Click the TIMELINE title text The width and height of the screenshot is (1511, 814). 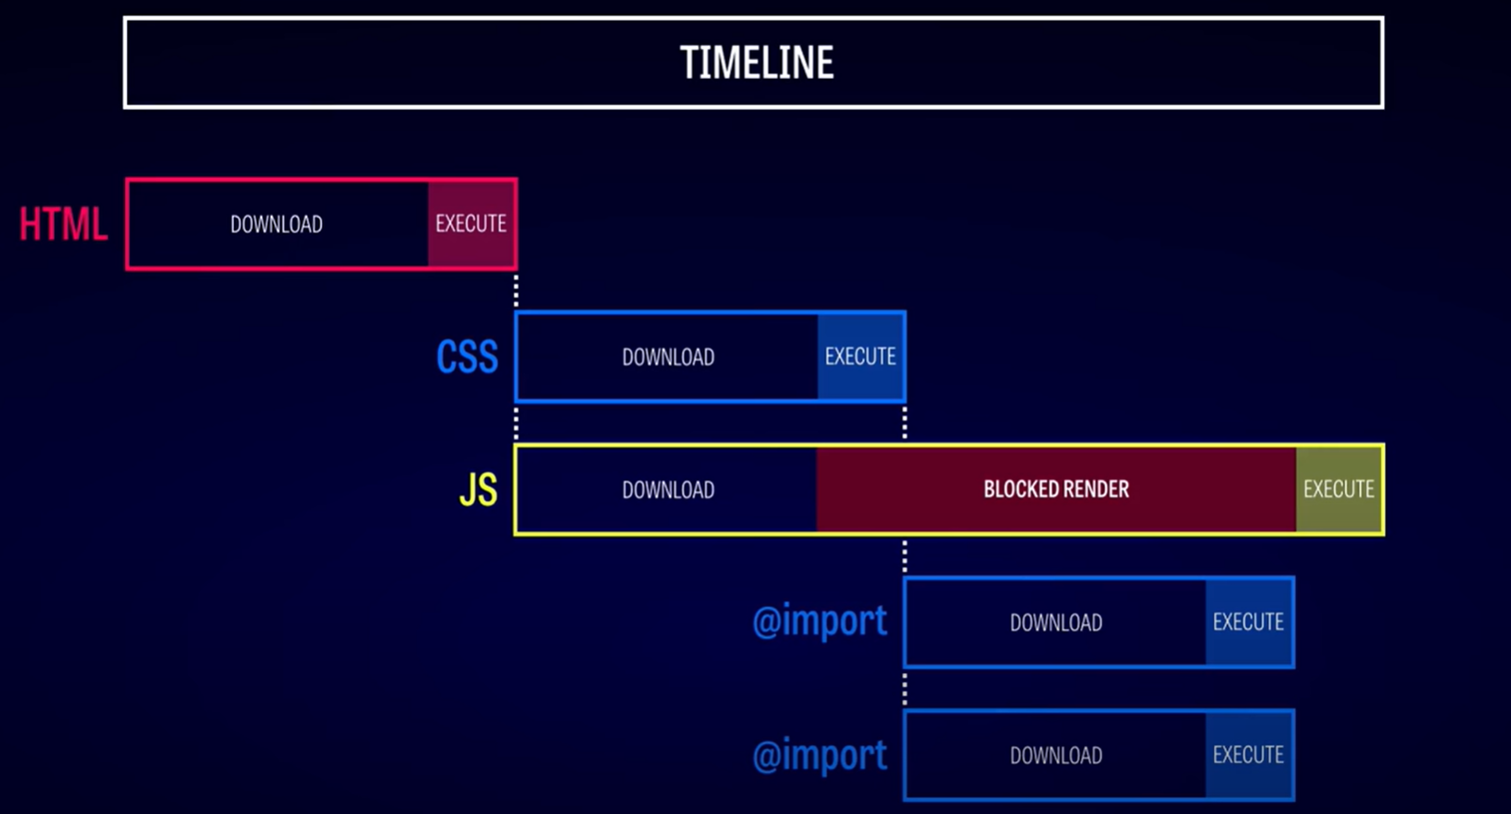tap(756, 63)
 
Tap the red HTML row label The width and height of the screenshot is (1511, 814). tap(63, 224)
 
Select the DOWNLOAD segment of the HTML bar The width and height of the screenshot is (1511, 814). tap(278, 224)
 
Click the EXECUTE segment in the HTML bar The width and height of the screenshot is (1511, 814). tap(471, 224)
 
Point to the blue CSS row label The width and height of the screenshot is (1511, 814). tap(466, 357)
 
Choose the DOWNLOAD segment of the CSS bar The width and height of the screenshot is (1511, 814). tap(668, 357)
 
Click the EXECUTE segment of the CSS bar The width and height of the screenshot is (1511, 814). tap(860, 357)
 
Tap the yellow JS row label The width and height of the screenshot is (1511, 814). tap(479, 490)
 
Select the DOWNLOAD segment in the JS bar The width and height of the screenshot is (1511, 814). tap(668, 490)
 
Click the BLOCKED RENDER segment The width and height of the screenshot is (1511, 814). tap(1056, 490)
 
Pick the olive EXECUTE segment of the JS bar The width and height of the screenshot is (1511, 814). tap(1339, 490)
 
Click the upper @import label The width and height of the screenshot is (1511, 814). tap(820, 622)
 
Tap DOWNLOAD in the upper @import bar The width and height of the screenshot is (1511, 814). tap(1056, 622)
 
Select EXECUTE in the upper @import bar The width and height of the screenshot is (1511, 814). tap(1249, 622)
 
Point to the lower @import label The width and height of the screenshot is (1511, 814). tap(820, 755)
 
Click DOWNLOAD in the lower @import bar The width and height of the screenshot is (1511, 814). tap(1056, 756)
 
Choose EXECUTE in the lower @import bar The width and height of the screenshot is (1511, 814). tap(1249, 756)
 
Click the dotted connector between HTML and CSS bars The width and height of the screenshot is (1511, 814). tap(516, 291)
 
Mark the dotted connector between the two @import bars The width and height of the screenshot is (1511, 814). tap(905, 689)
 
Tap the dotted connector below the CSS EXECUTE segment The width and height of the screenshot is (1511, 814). tap(905, 423)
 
